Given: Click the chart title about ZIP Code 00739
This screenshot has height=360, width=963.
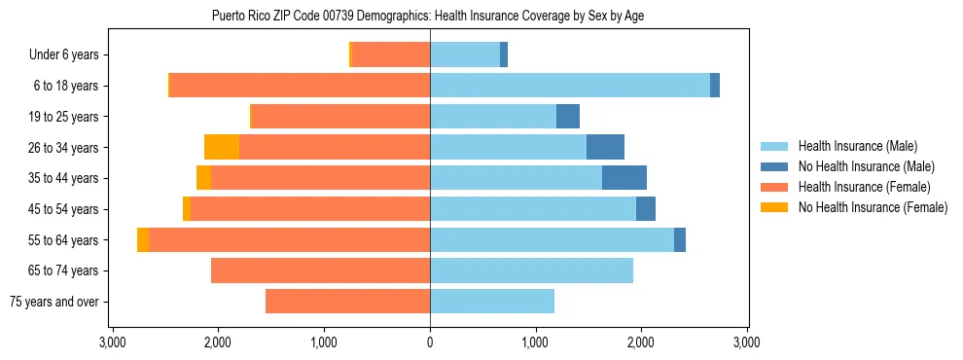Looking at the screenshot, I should [427, 16].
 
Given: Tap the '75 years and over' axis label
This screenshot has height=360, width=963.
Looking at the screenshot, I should [53, 302].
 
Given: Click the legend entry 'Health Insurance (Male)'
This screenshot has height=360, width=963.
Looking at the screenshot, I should [857, 146].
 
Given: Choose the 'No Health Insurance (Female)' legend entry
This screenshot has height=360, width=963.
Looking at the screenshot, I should [873, 207].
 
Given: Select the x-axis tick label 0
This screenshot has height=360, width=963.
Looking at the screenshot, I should [430, 342].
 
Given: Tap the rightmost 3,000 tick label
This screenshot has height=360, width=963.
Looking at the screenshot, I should [746, 342].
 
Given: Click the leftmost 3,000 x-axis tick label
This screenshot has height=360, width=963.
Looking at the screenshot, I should [113, 342].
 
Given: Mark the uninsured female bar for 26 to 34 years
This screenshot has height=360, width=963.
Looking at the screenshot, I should [222, 147].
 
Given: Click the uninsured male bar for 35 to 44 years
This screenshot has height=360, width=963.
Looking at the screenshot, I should [624, 178].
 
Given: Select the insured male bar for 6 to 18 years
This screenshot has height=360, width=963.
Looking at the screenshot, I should [570, 86].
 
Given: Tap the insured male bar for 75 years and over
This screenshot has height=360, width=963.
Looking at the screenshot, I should [492, 302].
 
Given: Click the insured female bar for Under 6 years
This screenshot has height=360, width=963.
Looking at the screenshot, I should [390, 54].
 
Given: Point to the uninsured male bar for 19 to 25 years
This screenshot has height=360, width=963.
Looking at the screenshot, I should [568, 117].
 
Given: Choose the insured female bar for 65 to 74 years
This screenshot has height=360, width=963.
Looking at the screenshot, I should [320, 270].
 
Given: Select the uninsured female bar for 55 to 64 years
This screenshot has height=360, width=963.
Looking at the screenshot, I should [143, 239].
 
